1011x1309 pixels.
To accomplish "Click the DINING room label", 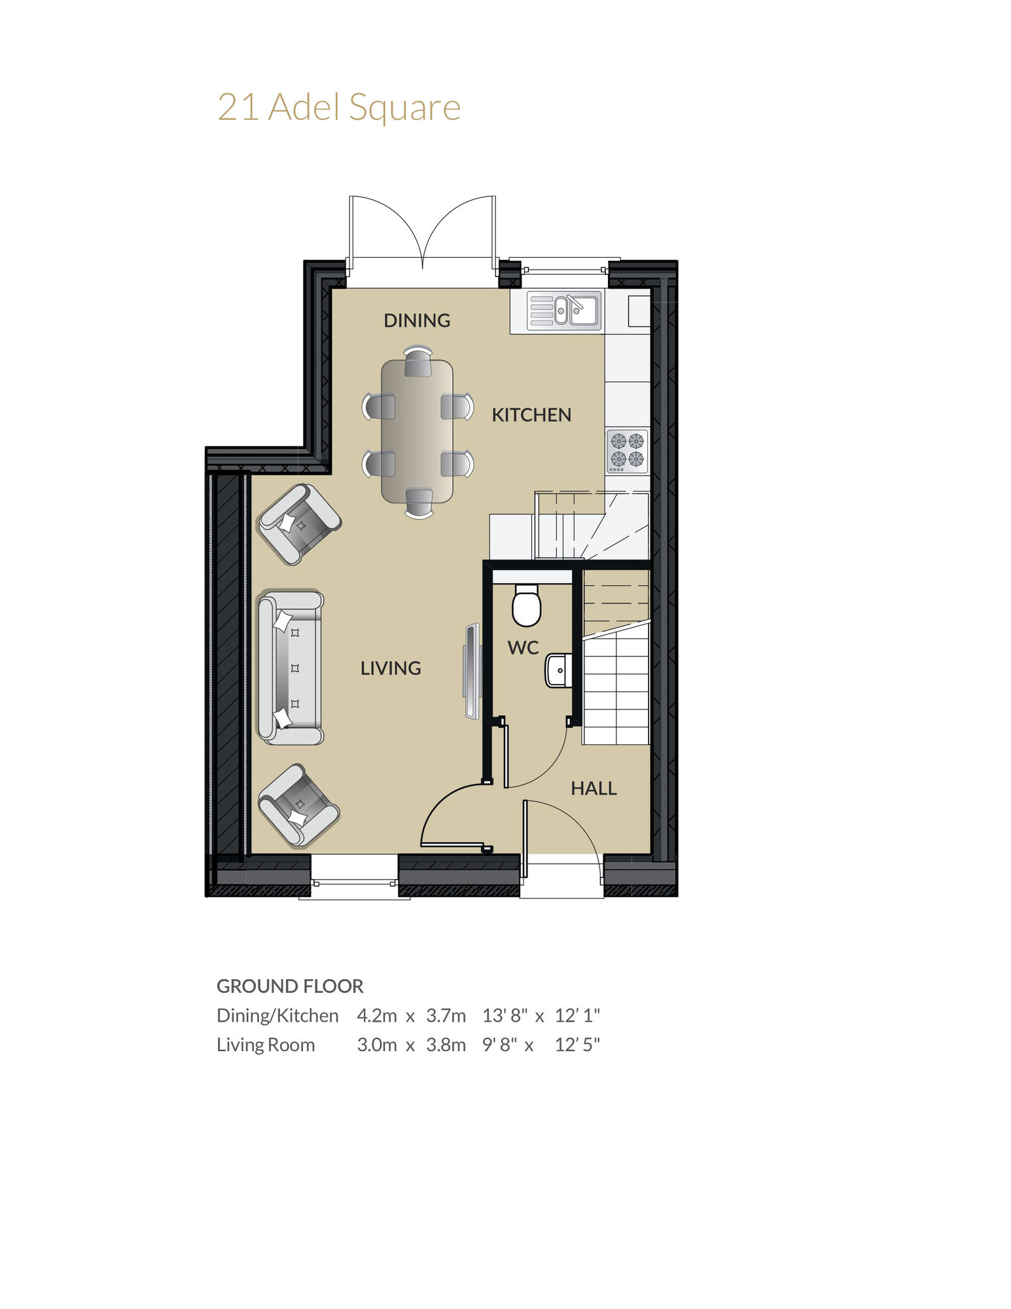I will [417, 320].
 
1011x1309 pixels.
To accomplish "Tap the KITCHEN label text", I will [531, 415].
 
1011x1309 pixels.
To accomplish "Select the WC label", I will [523, 648].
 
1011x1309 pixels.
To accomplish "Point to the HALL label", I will [594, 788].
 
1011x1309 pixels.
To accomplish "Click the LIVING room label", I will [391, 668].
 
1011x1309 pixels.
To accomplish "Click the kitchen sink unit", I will [564, 310].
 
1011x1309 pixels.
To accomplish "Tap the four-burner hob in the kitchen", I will [627, 451].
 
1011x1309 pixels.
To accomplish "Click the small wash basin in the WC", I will [558, 670].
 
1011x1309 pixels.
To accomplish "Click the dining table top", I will [417, 432].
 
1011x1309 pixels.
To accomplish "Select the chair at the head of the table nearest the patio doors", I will [417, 362].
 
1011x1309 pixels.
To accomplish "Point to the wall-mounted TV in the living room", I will [471, 671].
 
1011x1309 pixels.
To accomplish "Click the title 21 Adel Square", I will [338, 107].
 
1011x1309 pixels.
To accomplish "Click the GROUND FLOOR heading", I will [290, 986].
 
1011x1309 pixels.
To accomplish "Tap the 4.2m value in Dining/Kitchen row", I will [376, 1015].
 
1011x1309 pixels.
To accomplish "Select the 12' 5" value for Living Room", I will [577, 1045].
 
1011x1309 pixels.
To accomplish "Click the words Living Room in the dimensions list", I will [266, 1045].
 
